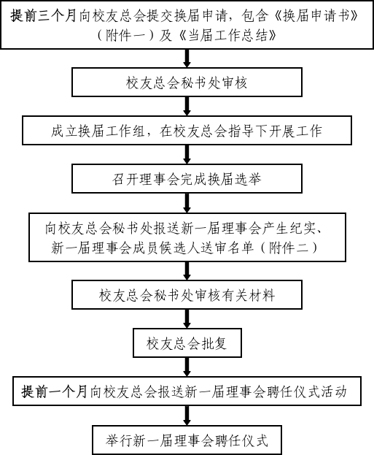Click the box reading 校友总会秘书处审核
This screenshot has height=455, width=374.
[187, 82]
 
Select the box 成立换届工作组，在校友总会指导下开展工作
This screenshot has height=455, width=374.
[187, 130]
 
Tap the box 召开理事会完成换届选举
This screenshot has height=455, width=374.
[187, 178]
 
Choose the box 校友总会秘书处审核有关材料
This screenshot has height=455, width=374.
[187, 294]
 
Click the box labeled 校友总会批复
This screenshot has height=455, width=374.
[187, 343]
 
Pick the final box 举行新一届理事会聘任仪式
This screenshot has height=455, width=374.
[187, 440]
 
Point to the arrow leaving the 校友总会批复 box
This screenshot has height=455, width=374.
[187, 367]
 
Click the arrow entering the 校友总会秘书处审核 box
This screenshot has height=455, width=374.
[187, 58]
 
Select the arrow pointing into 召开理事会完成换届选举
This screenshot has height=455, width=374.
[187, 154]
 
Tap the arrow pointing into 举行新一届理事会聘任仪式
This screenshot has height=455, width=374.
[187, 416]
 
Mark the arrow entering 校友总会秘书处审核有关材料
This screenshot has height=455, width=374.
[187, 271]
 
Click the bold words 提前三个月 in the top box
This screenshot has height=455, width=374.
[44, 15]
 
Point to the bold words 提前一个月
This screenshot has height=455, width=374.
[55, 391]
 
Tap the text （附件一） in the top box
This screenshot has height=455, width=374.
[125, 35]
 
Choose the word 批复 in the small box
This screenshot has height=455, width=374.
[214, 343]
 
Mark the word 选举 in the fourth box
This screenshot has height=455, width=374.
[249, 179]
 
